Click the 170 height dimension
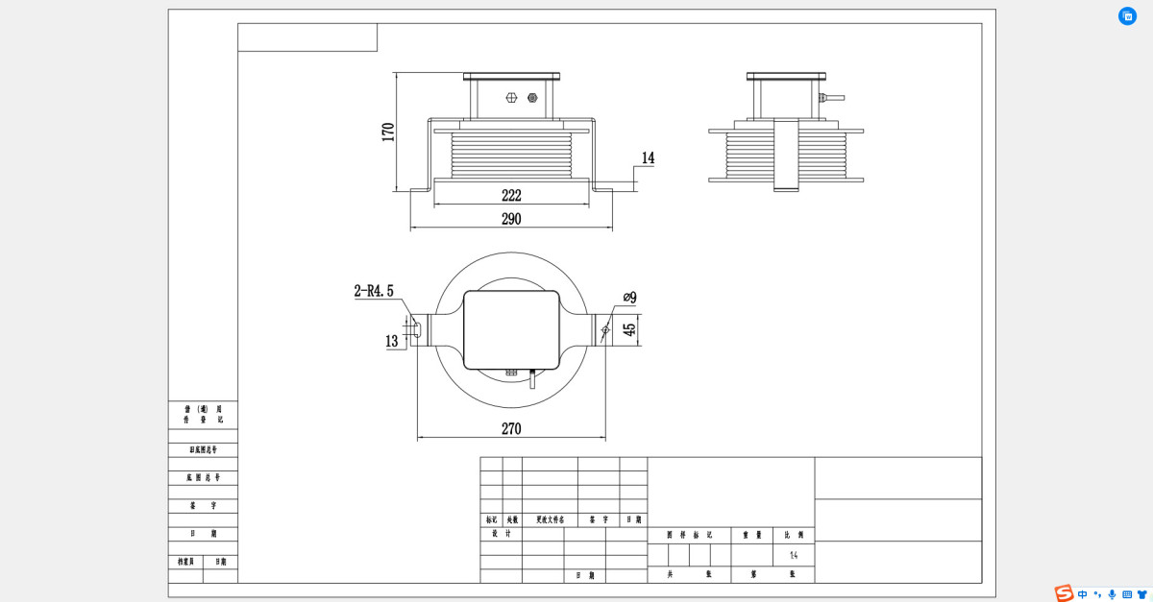click(388, 132)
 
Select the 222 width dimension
click(511, 195)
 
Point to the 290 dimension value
click(511, 219)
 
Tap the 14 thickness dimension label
click(648, 158)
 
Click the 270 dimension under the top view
click(511, 429)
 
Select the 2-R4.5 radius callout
click(374, 291)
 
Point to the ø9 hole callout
click(630, 298)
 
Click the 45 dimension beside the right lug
click(630, 329)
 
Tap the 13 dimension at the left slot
click(391, 341)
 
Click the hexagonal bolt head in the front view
click(510, 97)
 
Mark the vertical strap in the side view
click(786, 155)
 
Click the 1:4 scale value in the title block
click(794, 555)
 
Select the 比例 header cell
click(794, 535)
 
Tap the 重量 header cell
click(751, 535)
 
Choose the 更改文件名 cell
click(550, 519)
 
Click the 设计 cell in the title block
click(494, 534)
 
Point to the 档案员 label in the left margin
click(185, 562)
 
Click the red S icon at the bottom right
click(1064, 593)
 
